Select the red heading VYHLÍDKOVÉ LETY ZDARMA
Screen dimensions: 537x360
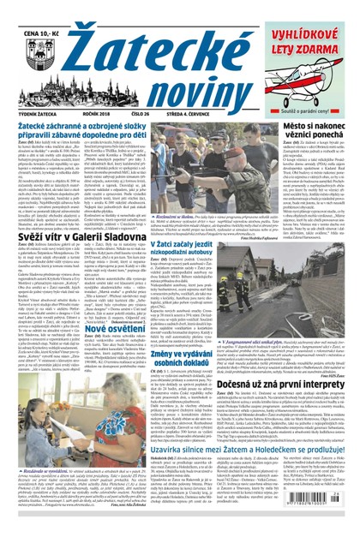309,34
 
